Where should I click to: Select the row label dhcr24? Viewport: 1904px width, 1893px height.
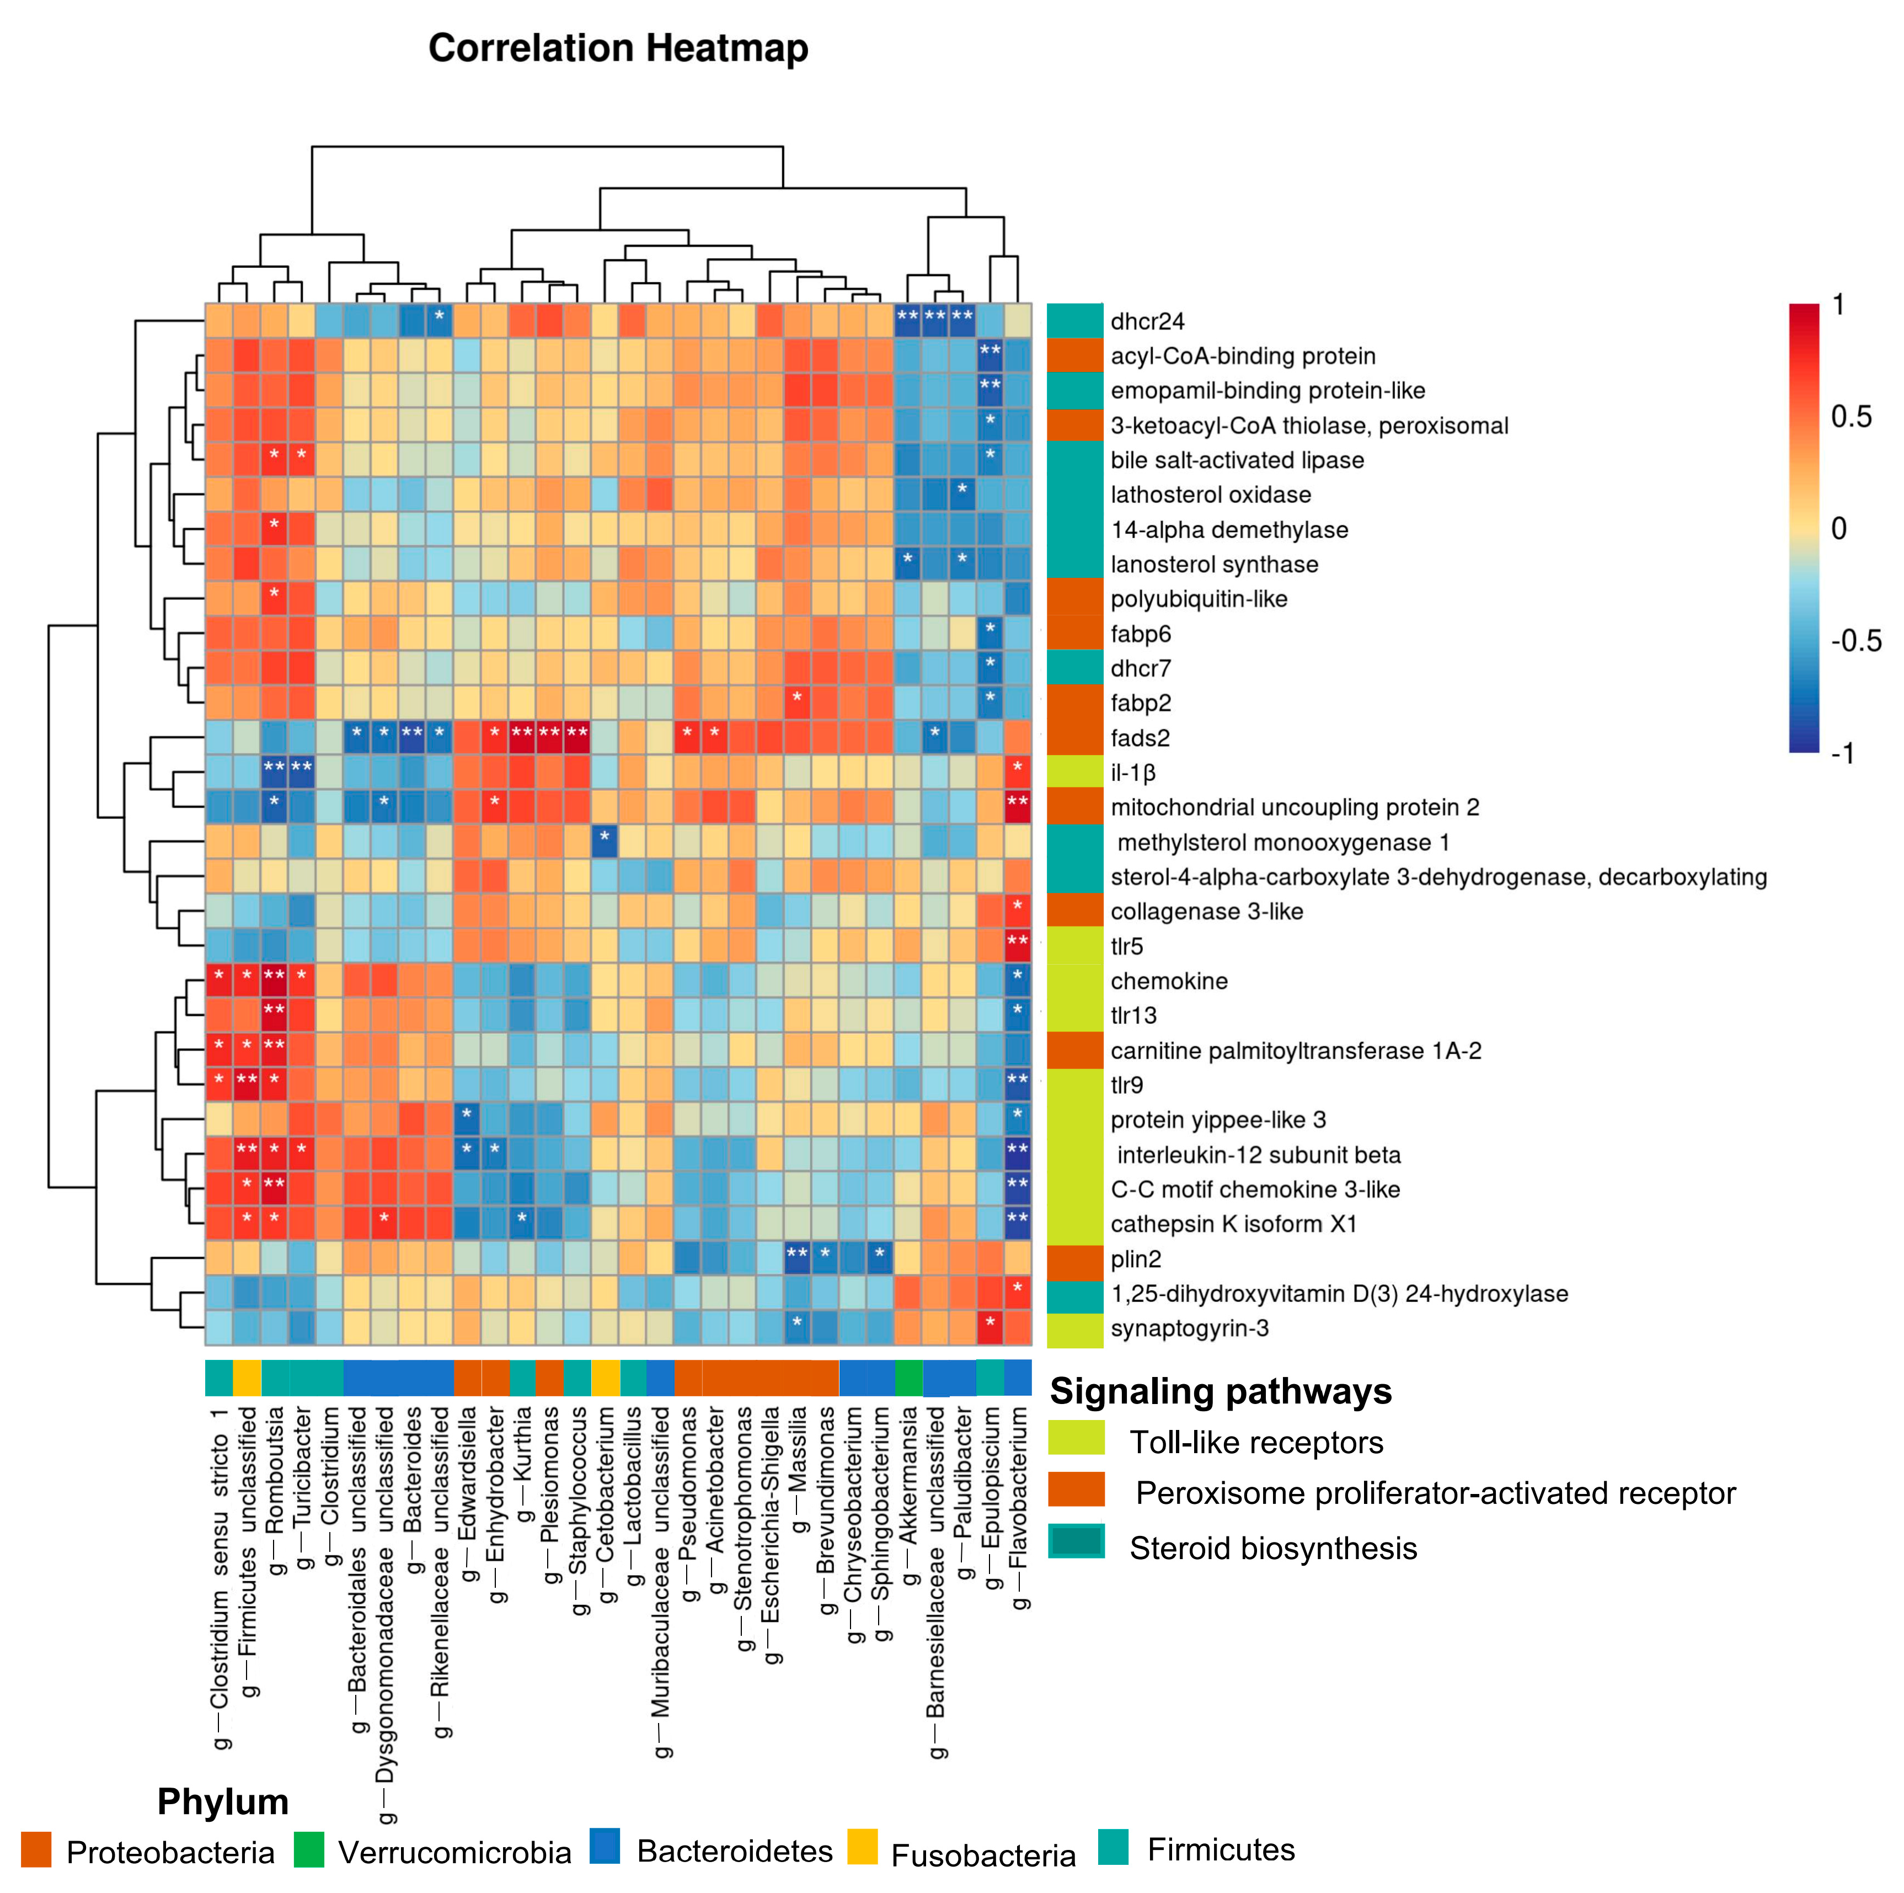click(x=1147, y=321)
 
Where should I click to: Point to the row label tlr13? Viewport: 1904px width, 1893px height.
click(x=1133, y=1015)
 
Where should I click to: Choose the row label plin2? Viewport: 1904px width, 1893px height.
click(x=1135, y=1259)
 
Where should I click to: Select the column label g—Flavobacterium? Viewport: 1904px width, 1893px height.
click(x=1019, y=1508)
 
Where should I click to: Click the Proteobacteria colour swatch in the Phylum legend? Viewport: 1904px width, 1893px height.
click(x=35, y=1849)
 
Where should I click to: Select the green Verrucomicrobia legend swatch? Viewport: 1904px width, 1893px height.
click(x=308, y=1849)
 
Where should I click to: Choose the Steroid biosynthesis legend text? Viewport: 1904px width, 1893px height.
click(x=1272, y=1548)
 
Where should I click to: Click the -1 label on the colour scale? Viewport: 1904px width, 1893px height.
click(x=1843, y=753)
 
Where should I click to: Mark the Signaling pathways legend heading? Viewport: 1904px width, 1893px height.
click(x=1220, y=1391)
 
